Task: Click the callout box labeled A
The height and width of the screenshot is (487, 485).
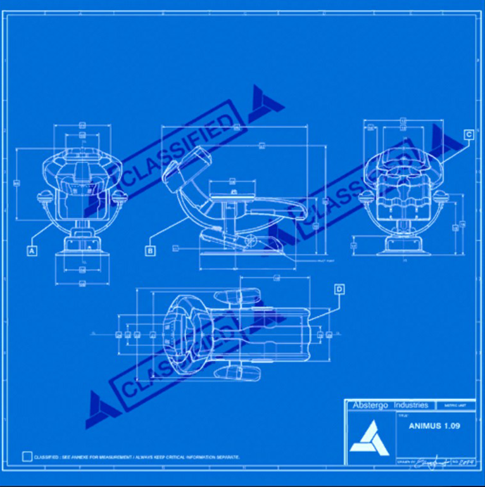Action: (x=32, y=251)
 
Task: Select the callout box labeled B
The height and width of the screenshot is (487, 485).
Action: (x=150, y=251)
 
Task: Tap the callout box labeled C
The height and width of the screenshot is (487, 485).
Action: (x=468, y=134)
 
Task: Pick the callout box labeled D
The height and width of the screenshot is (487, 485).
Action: (x=339, y=289)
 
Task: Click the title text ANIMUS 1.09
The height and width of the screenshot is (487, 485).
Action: (x=434, y=426)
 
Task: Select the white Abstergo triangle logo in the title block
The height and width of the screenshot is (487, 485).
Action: (x=367, y=437)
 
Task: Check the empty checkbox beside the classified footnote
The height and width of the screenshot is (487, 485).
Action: (x=27, y=456)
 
